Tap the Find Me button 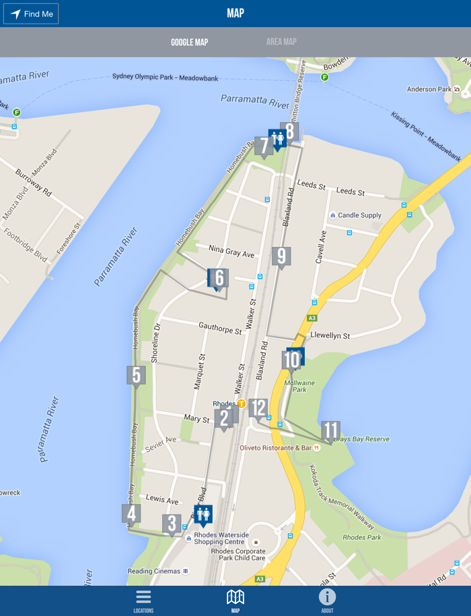31,13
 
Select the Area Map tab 281,42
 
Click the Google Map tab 189,42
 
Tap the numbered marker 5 136,376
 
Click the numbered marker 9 281,256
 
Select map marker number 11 330,431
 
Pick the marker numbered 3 172,524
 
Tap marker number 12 258,408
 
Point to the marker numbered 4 131,514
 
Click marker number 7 263,146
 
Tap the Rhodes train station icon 241,404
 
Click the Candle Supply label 359,215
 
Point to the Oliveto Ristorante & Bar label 276,448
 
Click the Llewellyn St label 330,335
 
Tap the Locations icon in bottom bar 143,600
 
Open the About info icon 327,600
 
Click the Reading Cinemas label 154,571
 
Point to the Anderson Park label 429,89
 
